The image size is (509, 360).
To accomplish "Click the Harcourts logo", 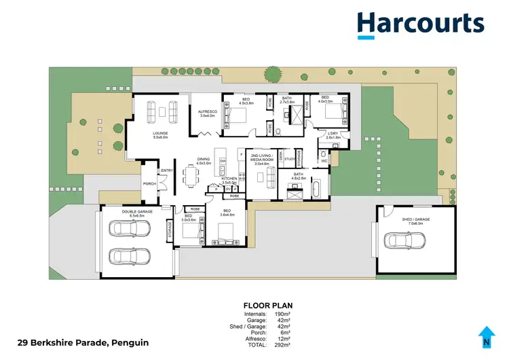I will [x=421, y=24].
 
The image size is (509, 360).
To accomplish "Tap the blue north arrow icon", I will [x=486, y=335].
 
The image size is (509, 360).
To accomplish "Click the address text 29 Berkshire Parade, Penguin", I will [x=82, y=342].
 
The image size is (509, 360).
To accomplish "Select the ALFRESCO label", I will [x=206, y=111].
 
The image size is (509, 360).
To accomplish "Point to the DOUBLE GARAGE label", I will [x=136, y=211].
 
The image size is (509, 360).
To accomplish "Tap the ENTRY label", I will [x=167, y=170].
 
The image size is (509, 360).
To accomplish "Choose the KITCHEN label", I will [x=230, y=178].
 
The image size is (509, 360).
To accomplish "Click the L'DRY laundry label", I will [x=333, y=134].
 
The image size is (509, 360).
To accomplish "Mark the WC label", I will [x=324, y=160].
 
